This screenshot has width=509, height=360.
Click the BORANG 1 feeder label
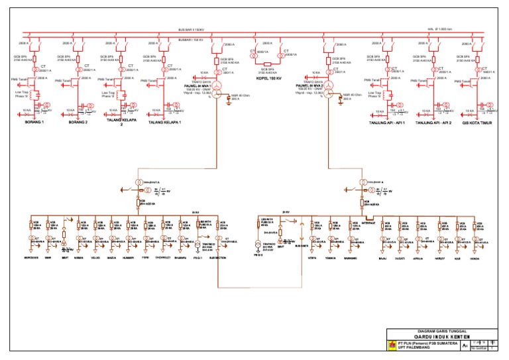(34, 122)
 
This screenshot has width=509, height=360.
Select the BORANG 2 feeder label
(78, 122)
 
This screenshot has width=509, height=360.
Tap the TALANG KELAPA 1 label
(164, 122)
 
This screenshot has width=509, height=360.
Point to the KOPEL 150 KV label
(268, 78)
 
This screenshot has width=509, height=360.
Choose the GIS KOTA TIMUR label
(477, 122)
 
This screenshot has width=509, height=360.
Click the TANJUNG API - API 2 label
(433, 122)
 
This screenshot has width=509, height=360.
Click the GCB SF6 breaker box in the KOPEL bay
(268, 61)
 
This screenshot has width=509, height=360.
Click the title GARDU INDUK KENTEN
(444, 337)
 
